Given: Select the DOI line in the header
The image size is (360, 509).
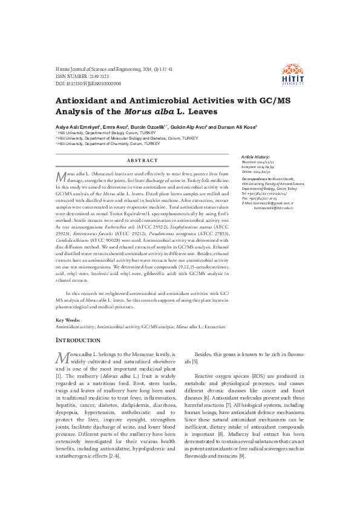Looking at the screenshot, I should point(88,84).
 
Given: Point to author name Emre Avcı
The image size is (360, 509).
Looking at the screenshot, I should point(115,127).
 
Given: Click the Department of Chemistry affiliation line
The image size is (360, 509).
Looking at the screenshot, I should point(108,144).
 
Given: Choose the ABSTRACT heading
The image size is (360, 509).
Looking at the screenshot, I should point(142,160).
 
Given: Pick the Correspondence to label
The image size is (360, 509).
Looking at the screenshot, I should point(257,180).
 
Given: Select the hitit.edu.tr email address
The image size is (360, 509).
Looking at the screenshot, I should point(273,207).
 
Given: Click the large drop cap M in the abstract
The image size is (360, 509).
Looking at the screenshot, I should point(61,175).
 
